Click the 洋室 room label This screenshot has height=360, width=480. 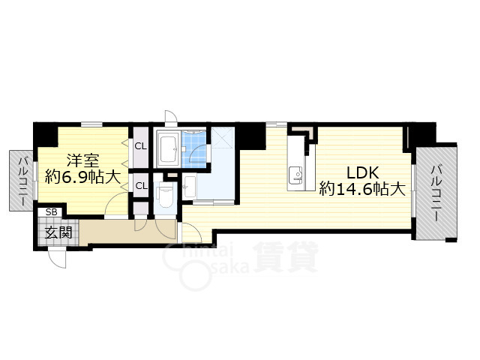coord(83,161)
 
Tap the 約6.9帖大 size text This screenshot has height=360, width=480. coord(82,177)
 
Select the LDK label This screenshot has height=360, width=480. coord(363,173)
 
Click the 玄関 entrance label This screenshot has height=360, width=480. coord(58,232)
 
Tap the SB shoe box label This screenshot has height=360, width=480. coord(51,212)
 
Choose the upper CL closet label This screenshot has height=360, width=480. coord(141,146)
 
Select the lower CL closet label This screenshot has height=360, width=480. coord(141,186)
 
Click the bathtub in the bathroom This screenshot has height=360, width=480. coord(167,149)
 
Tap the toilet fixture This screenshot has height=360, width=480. coord(165,196)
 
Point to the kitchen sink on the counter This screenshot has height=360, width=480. coord(295,175)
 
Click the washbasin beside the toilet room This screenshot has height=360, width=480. coord(190,187)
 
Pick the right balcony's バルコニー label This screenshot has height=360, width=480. coord(436,193)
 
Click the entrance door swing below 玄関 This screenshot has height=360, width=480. coord(58,258)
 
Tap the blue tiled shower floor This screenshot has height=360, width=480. coord(194,149)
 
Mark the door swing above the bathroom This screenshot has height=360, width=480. coord(171,117)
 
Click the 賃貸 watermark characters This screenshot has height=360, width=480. coord(286,256)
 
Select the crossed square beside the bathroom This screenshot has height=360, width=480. coord(223,137)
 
